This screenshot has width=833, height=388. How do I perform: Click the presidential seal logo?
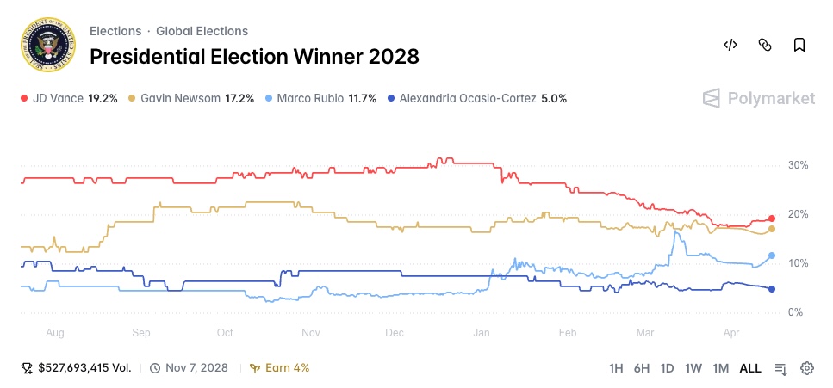(x=46, y=45)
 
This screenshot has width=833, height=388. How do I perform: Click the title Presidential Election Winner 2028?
(x=254, y=57)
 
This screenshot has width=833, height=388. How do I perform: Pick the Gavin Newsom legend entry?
(x=190, y=99)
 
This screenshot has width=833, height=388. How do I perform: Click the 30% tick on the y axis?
(x=797, y=165)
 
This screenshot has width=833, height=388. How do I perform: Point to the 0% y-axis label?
(x=795, y=312)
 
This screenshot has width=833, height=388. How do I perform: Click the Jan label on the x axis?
(x=482, y=332)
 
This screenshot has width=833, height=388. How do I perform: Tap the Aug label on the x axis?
(x=54, y=332)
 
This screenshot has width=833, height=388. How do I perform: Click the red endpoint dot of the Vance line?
(x=772, y=219)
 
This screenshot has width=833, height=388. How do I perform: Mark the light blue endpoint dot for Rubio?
(x=772, y=256)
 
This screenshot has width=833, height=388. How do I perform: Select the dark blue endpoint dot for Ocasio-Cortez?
(x=772, y=289)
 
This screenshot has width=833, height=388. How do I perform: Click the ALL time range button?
(x=750, y=368)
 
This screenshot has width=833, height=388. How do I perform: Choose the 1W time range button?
(x=693, y=368)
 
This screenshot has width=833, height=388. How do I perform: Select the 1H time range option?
(x=616, y=368)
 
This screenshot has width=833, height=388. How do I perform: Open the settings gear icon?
(x=807, y=368)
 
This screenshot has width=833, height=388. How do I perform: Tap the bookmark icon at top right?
(x=799, y=45)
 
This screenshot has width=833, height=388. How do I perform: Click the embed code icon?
(x=730, y=45)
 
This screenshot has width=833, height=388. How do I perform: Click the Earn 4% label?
(x=280, y=368)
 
